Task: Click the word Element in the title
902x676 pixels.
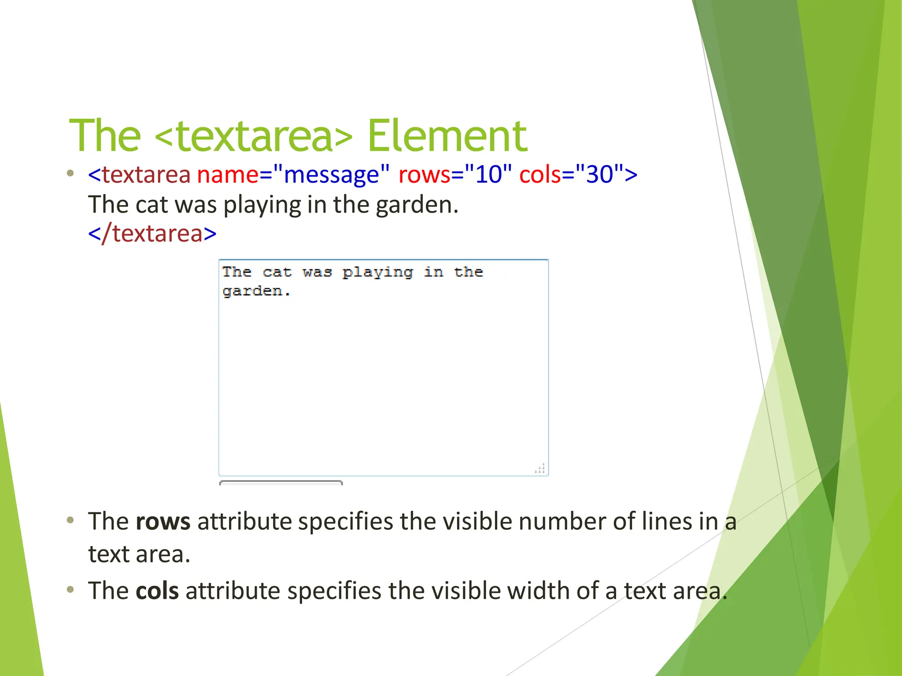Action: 447,136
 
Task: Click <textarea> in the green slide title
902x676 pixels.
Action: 254,136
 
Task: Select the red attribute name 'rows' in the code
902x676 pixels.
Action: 424,174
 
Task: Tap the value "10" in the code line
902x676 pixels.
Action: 488,174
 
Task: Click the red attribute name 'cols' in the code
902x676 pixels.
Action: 540,174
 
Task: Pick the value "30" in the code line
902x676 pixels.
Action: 599,174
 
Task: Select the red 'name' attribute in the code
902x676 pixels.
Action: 228,174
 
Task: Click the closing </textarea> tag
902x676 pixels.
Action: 152,233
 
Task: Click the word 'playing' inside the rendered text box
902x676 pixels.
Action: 378,272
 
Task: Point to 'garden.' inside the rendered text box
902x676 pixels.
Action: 256,291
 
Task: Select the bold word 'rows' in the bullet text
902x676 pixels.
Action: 163,522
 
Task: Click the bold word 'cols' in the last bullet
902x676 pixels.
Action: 157,591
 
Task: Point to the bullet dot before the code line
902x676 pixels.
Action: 70,173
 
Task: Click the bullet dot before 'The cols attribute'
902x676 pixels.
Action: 70,589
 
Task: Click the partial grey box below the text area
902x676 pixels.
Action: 281,483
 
